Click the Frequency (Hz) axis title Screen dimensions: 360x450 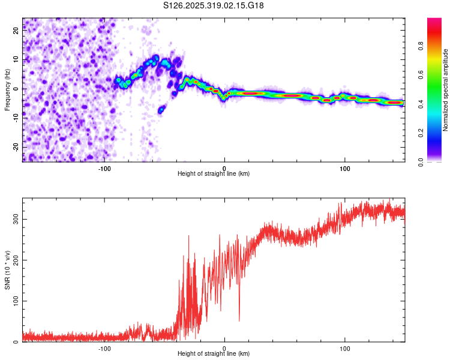7,89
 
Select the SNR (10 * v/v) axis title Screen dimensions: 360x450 7,269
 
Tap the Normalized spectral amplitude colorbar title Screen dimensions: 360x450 446,90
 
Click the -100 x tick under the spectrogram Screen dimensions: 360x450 104,169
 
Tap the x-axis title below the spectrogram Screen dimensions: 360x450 214,174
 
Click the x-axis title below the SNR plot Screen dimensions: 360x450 214,354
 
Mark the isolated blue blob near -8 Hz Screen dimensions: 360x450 161,110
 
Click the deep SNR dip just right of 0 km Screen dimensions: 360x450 239,320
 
